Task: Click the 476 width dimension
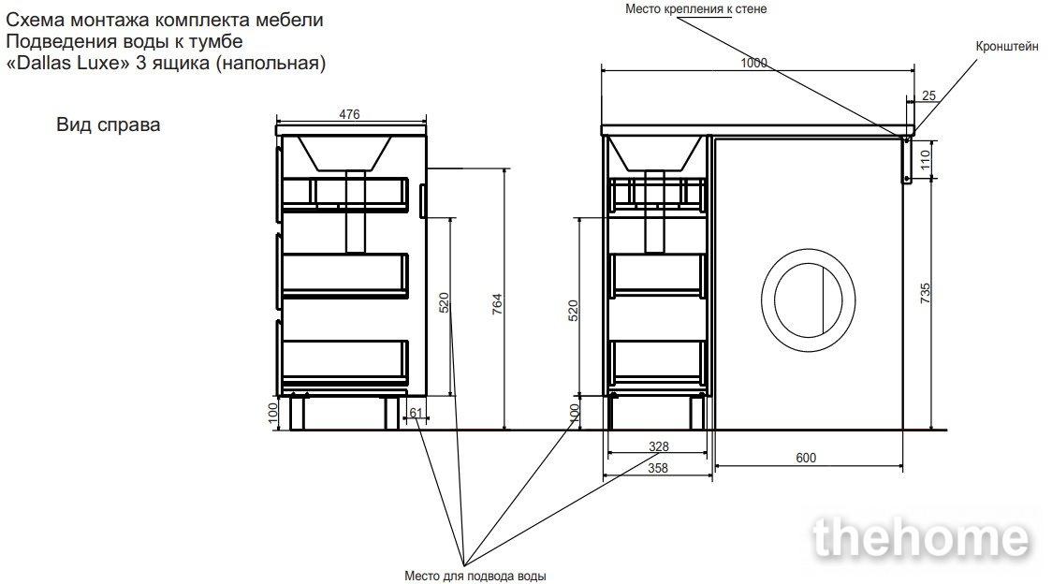(x=349, y=115)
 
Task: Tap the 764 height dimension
(x=497, y=304)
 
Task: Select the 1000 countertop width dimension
(x=753, y=63)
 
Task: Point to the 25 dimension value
(x=928, y=95)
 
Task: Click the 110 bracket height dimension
(x=926, y=159)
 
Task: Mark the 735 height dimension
(x=926, y=293)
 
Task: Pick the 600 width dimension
(x=806, y=457)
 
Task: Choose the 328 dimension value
(x=659, y=446)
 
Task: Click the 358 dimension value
(x=658, y=468)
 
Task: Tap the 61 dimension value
(x=416, y=413)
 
